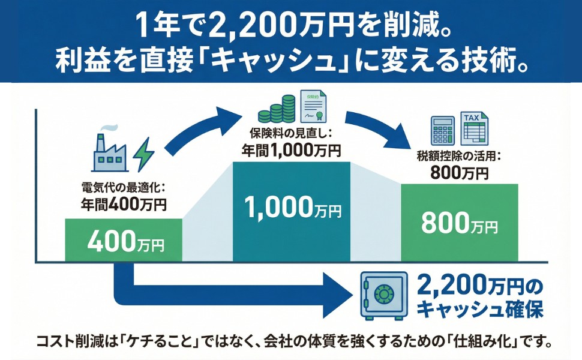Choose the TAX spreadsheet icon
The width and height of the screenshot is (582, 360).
pyautogui.click(x=474, y=127)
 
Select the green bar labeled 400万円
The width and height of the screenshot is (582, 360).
pyautogui.click(x=123, y=240)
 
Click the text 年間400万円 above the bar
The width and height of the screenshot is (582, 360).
pyautogui.click(x=123, y=204)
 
